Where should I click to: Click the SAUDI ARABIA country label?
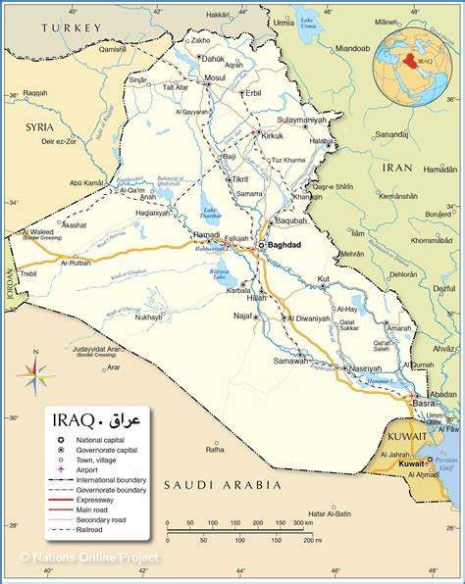(x=223, y=484)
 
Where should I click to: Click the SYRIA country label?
(x=40, y=127)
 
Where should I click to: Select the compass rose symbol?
(x=34, y=372)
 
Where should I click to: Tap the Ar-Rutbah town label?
(x=76, y=263)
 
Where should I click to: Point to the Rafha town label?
(x=214, y=450)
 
